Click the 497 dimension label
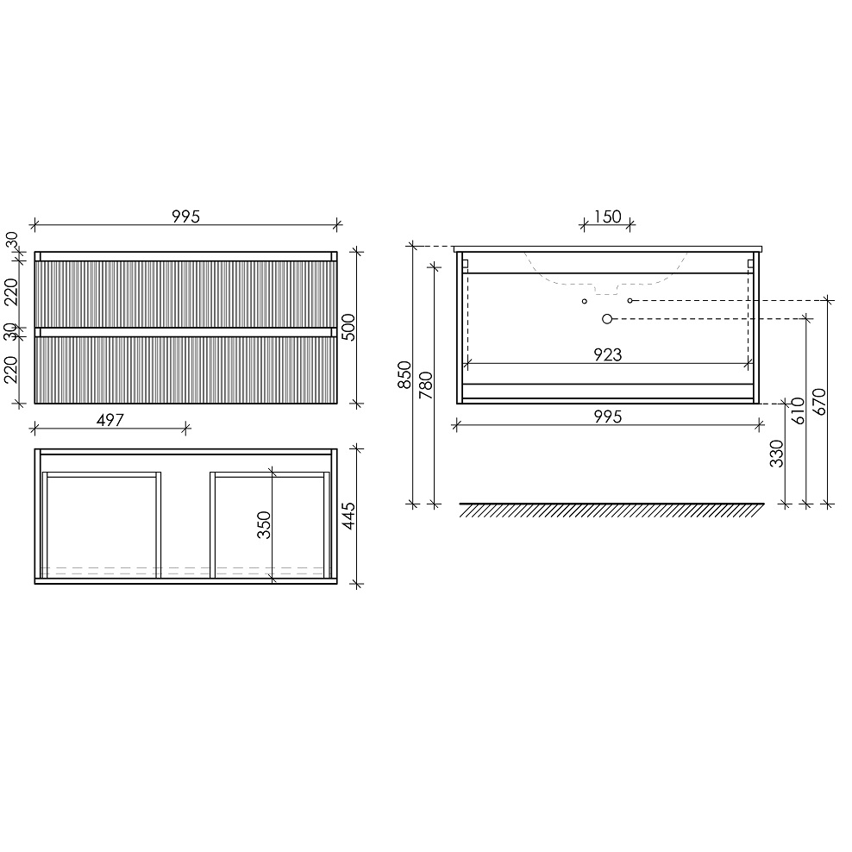click(110, 420)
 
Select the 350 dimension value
click(264, 525)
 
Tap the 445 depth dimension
click(348, 517)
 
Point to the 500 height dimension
click(348, 327)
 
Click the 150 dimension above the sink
click(607, 216)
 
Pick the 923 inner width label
click(607, 354)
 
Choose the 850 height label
click(404, 375)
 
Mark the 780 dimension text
click(427, 385)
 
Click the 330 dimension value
click(777, 454)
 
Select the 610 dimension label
click(798, 411)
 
